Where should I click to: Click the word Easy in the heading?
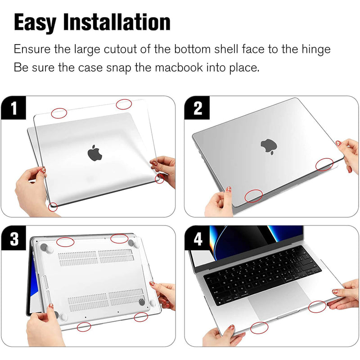point(35,22)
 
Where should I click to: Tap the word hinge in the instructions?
point(316,49)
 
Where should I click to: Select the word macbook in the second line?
point(179,67)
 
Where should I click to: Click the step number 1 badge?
point(13,108)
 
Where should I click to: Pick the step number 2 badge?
point(197,108)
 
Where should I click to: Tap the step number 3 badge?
point(14,238)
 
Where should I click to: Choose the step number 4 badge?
point(198,238)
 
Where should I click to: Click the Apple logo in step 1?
point(94,153)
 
